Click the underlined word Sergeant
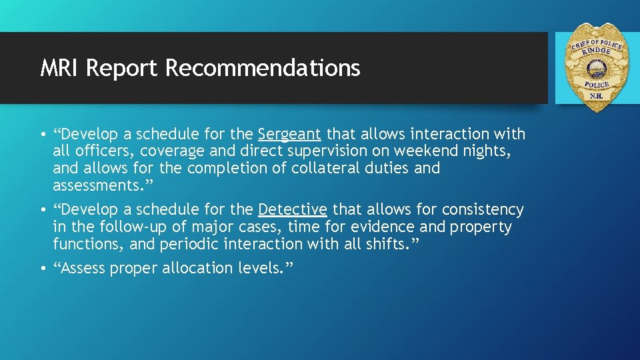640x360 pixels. coord(289,134)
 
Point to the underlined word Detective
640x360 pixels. coord(292,210)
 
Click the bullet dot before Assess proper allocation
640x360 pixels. coord(43,269)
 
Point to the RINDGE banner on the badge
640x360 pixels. coord(595,50)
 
